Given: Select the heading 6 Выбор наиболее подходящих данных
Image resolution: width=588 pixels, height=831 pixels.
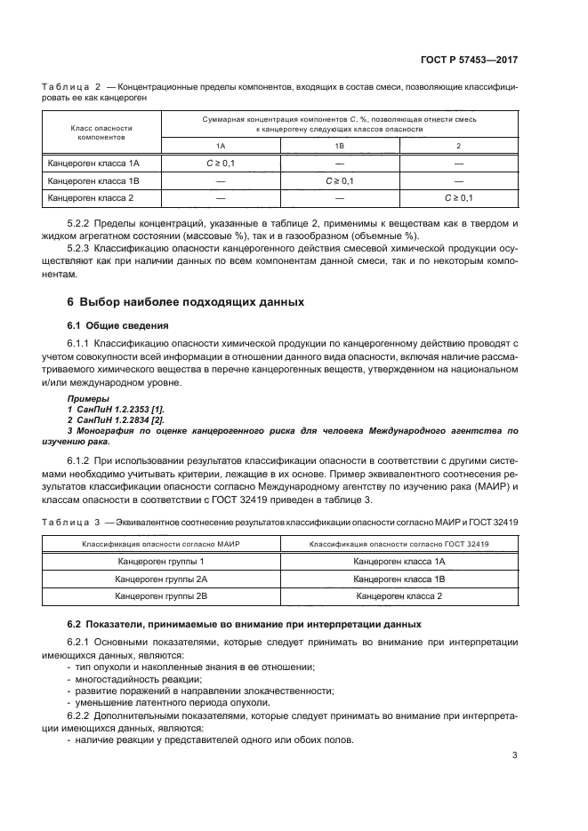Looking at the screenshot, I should pos(186,302).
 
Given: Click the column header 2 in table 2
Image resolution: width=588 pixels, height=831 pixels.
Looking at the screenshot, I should pos(458,145).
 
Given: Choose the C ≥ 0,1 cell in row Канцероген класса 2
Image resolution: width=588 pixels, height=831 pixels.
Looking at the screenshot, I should pos(458,198).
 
